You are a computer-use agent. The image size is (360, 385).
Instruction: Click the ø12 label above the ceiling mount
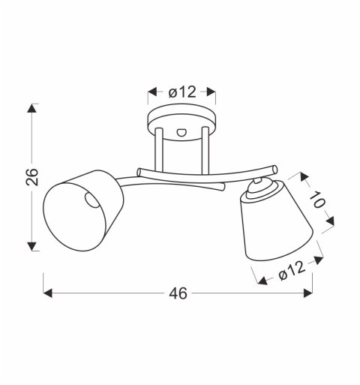[181, 92]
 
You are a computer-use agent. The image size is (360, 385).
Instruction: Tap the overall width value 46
[178, 293]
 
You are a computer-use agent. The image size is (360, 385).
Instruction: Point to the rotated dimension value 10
[316, 200]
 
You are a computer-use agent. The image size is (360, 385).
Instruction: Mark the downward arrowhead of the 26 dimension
[31, 246]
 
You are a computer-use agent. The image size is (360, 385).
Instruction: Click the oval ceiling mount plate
[181, 120]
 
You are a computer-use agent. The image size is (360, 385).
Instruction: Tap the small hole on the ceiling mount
[181, 131]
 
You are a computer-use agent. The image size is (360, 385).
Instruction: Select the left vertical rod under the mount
[159, 154]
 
